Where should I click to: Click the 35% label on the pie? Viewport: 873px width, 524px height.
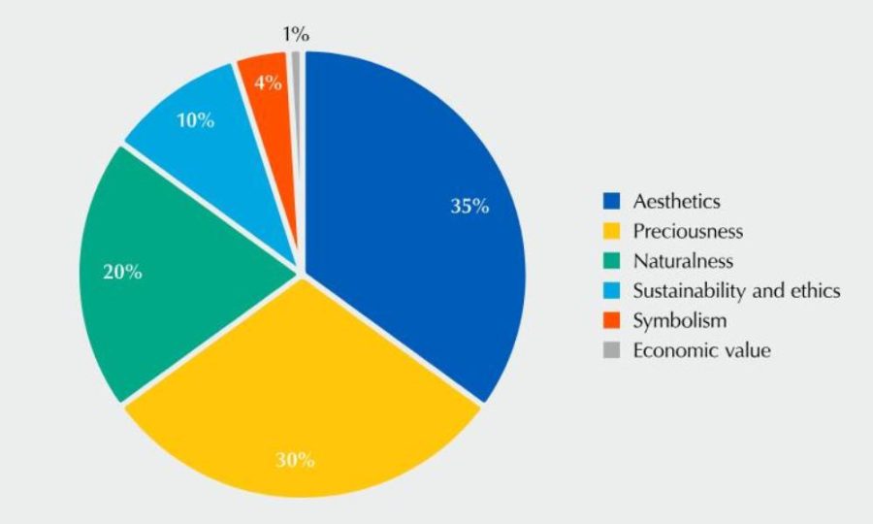pos(469,206)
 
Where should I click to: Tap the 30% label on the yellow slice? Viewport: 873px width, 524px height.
pos(294,460)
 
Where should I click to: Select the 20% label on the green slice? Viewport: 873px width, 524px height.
pos(122,272)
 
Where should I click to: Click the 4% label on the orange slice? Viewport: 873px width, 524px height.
pos(269,82)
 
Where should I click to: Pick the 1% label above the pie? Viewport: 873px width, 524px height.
pos(296,35)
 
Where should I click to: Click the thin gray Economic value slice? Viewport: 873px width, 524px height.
pos(296,78)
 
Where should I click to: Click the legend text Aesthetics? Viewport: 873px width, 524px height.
pos(676,202)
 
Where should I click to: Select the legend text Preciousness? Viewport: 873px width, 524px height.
pos(687,232)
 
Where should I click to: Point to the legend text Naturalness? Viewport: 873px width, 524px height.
pos(683,261)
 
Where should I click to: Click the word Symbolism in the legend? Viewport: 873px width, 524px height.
pos(679,320)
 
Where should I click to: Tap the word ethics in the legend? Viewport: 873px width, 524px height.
pos(814,291)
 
